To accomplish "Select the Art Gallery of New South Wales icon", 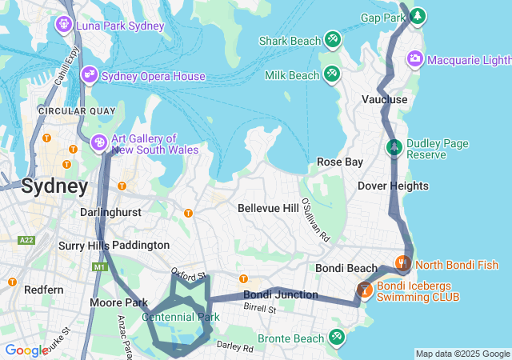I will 100,142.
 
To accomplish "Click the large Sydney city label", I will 54,186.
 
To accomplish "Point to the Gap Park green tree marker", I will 418,17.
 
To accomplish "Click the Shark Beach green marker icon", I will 332,39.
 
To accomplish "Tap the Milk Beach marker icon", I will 332,74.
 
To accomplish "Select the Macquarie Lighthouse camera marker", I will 415,58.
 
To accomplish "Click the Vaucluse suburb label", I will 384,99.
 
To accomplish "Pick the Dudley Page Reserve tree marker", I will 394,147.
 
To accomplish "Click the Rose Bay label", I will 340,162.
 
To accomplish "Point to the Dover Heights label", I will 393,186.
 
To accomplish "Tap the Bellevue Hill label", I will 268,207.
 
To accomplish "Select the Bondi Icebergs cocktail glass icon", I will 364,290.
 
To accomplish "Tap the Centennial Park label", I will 181,317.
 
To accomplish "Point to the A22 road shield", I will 26,239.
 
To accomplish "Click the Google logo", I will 26,350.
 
